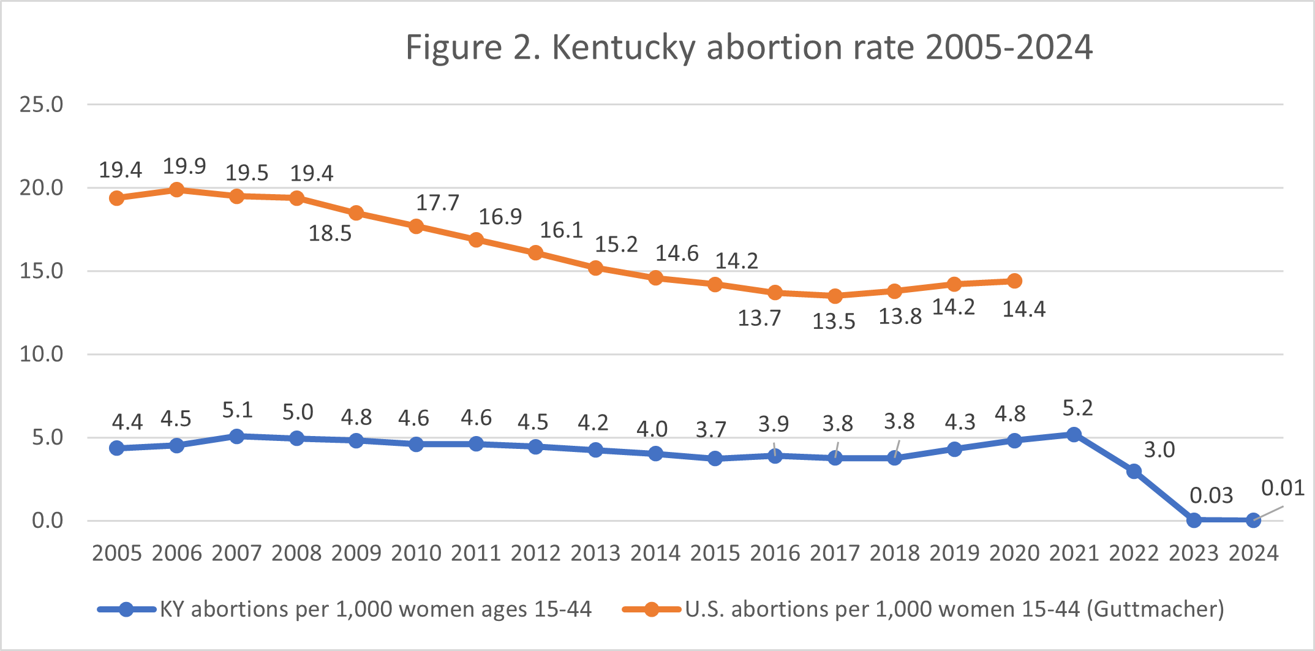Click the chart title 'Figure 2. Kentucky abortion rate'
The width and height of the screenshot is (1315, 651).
pyautogui.click(x=748, y=47)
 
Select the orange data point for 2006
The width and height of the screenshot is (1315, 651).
pyautogui.click(x=176, y=190)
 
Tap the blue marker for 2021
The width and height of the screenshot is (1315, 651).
pyautogui.click(x=1074, y=434)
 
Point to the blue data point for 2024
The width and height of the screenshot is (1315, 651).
pyautogui.click(x=1253, y=521)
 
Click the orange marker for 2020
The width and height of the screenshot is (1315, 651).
pyautogui.click(x=1014, y=281)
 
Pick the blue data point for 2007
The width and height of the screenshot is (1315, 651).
pyautogui.click(x=236, y=436)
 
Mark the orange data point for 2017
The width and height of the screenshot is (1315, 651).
pyautogui.click(x=835, y=296)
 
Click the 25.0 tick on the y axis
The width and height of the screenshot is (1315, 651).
pyautogui.click(x=41, y=105)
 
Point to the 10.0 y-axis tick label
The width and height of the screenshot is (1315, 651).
pyautogui.click(x=41, y=354)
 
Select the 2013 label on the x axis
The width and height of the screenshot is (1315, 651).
pyautogui.click(x=595, y=553)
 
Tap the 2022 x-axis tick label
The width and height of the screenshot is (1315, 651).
pyautogui.click(x=1134, y=553)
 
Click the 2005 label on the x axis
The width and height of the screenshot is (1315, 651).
pyautogui.click(x=117, y=553)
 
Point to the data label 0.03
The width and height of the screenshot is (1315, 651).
pyautogui.click(x=1211, y=495)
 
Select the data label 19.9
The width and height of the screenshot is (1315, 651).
pyautogui.click(x=184, y=166)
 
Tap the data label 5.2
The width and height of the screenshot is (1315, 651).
pyautogui.click(x=1077, y=408)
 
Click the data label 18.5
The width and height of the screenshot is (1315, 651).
pyautogui.click(x=330, y=233)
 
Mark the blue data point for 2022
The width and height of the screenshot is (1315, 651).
pyautogui.click(x=1134, y=471)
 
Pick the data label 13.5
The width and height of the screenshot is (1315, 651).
pyautogui.click(x=834, y=322)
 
